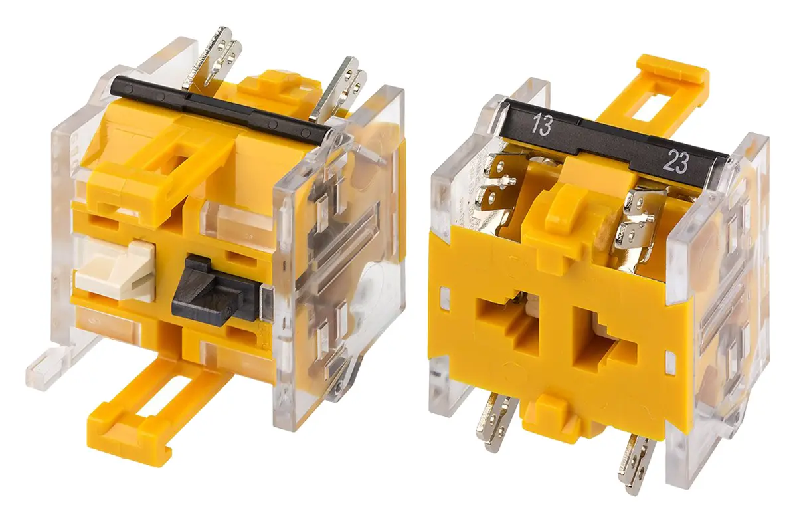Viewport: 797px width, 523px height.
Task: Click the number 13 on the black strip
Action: pos(541,124)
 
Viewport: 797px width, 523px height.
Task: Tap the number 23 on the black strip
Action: pos(675,162)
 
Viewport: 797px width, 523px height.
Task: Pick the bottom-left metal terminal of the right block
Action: pos(495,421)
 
